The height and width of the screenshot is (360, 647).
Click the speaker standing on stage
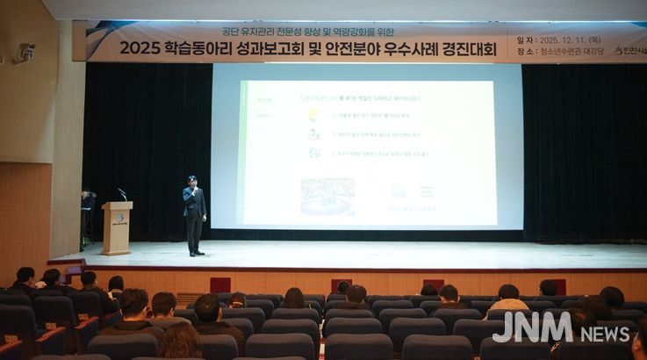[194, 215]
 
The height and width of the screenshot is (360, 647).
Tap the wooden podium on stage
[116, 227]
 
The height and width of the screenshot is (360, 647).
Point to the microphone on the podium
[121, 193]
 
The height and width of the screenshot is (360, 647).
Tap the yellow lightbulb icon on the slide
[313, 114]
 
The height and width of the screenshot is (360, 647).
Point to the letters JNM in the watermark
[532, 328]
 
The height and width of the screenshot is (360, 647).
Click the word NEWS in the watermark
[605, 333]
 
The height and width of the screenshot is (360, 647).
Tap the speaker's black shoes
[196, 254]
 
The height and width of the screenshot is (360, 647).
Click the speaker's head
[192, 181]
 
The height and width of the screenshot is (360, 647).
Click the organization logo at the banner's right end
[629, 51]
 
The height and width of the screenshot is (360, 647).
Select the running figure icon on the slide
[313, 133]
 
